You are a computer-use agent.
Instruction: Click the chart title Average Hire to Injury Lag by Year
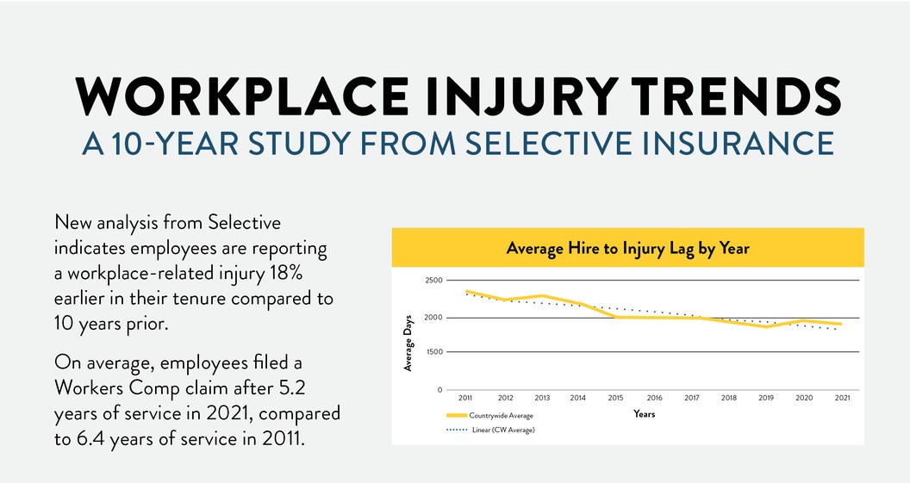[627, 249]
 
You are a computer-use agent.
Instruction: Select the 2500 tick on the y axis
[433, 281]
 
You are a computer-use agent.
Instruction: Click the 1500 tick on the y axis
[433, 352]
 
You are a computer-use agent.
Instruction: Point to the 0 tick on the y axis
[439, 390]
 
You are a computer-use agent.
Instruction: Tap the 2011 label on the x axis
[465, 399]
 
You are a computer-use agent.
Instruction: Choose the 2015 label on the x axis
[615, 399]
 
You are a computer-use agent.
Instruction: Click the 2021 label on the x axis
[842, 399]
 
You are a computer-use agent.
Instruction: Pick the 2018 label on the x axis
[729, 399]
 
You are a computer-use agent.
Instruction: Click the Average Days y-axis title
[408, 343]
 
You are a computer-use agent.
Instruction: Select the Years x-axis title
[644, 414]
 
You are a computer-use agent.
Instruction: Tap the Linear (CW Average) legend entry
[502, 430]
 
